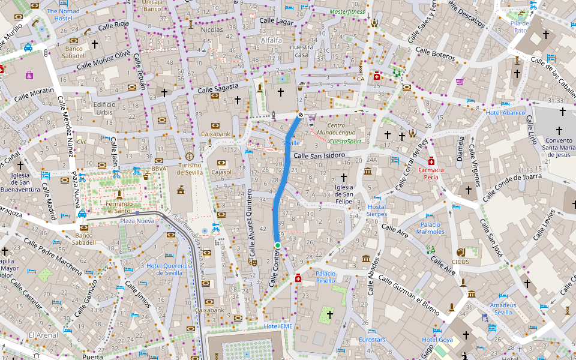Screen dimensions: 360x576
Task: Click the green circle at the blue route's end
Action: point(278,245)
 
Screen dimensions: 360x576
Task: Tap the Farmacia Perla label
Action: point(431,173)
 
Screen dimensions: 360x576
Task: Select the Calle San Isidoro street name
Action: point(319,156)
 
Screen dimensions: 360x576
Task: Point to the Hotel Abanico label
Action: point(505,113)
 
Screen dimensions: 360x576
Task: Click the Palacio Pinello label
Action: point(326,277)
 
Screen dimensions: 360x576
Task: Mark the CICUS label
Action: point(461,262)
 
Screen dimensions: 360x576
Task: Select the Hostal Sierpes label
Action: point(377,210)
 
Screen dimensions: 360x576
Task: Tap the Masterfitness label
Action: point(347,11)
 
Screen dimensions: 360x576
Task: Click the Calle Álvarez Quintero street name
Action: point(251,225)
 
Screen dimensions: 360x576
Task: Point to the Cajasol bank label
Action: point(221,172)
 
